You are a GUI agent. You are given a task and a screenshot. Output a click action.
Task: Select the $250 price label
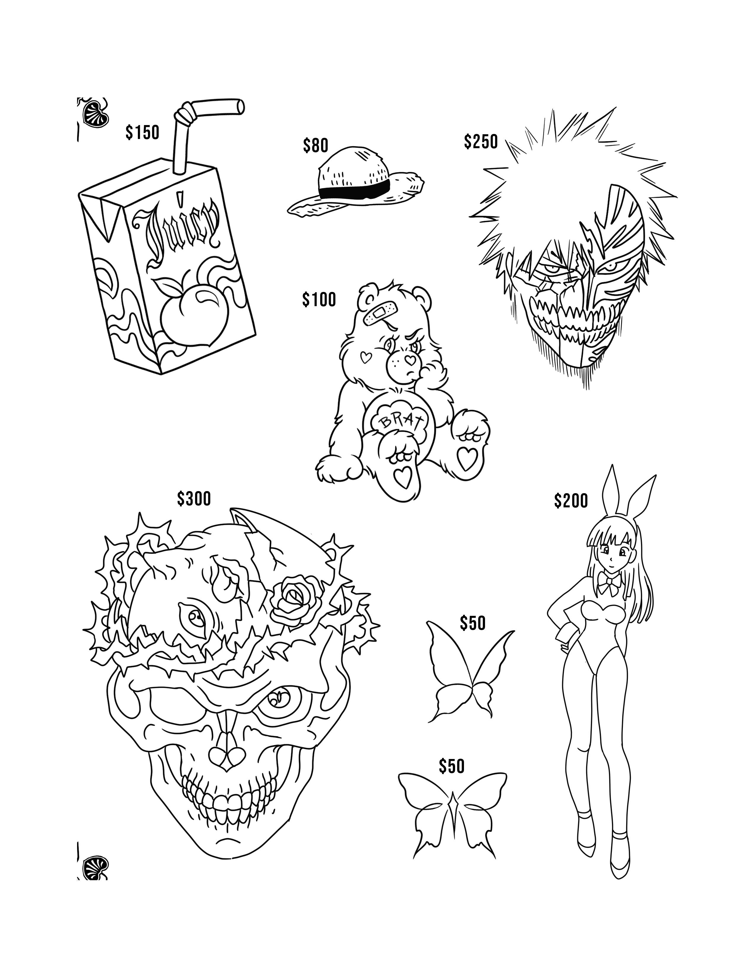click(x=481, y=141)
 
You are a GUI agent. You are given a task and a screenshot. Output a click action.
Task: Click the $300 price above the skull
click(x=194, y=498)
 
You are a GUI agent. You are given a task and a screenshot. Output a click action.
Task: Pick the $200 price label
click(x=571, y=501)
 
